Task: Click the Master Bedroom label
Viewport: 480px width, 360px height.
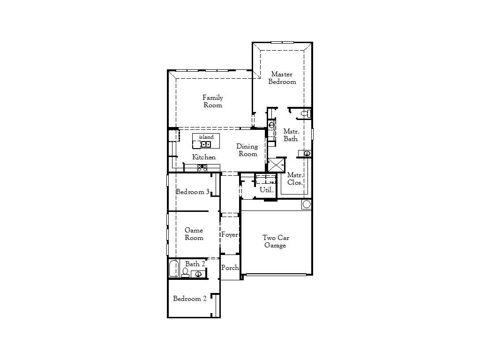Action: point(282,78)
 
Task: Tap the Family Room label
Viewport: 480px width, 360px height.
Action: point(213,101)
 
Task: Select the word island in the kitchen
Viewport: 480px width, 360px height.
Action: point(206,137)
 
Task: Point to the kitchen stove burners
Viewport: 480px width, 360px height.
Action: point(202,168)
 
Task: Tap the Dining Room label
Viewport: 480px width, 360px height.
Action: point(247,150)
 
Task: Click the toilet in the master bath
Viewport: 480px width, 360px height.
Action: point(305,113)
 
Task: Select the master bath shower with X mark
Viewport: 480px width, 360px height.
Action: point(276,165)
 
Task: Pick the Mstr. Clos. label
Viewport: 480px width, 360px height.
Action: point(295,179)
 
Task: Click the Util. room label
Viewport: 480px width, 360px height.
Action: point(266,190)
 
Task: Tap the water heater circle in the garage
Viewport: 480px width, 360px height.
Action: point(307,204)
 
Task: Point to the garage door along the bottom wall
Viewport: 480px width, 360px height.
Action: point(277,274)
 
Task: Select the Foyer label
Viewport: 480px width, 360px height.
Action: point(230,234)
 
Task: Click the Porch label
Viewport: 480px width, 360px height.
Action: point(230,268)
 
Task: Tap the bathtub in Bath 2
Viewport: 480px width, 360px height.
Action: point(174,269)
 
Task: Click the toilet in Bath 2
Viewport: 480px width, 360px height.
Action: point(185,272)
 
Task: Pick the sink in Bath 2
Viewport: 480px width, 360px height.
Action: point(198,274)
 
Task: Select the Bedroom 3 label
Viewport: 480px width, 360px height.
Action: point(192,192)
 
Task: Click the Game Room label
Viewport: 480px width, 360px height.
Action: point(194,234)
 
